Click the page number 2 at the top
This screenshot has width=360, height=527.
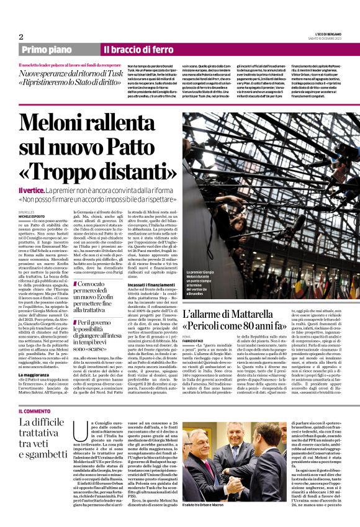(21, 37)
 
